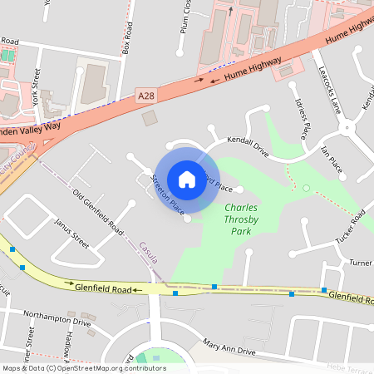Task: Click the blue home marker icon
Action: pos(187,179)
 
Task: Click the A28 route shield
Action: pos(145,97)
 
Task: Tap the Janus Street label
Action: pos(71,234)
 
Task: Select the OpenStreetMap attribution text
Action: pos(84,367)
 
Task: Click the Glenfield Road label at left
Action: pos(104,290)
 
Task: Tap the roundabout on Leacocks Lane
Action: pos(347,129)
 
